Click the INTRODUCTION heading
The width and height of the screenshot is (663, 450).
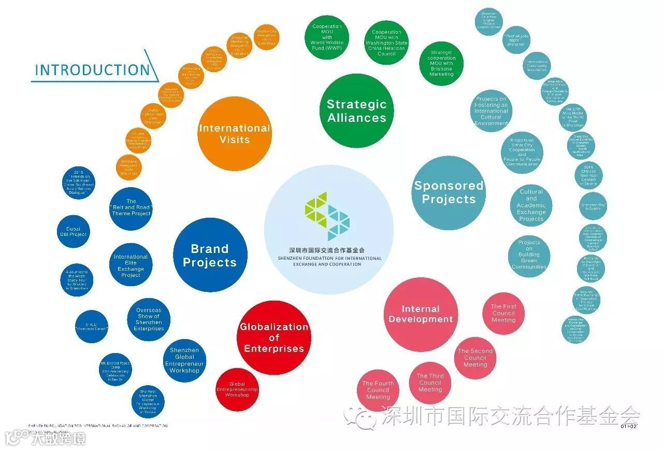click(92, 70)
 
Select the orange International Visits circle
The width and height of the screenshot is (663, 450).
click(235, 134)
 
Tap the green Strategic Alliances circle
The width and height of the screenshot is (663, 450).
click(356, 111)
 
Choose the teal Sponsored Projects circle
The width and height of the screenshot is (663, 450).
click(449, 192)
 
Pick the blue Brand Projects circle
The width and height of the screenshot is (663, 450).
click(210, 255)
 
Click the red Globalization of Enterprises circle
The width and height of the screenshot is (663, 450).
click(274, 337)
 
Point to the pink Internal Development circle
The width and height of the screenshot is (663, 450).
click(421, 314)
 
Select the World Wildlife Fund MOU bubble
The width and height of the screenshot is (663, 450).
click(326, 37)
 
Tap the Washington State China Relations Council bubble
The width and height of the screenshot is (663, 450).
click(386, 43)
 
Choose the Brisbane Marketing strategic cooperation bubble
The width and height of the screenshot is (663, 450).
click(441, 63)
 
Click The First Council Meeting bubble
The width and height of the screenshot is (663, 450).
click(503, 314)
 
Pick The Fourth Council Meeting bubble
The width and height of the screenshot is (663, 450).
click(378, 390)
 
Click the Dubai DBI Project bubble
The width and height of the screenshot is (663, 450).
click(73, 231)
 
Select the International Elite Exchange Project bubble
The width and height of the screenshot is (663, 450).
click(131, 266)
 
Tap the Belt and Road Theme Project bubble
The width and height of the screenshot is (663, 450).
click(131, 207)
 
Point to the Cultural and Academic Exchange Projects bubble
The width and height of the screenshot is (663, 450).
click(531, 205)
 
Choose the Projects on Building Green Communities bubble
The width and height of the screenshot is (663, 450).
click(529, 255)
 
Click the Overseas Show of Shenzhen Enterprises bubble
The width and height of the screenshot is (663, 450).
click(149, 319)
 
